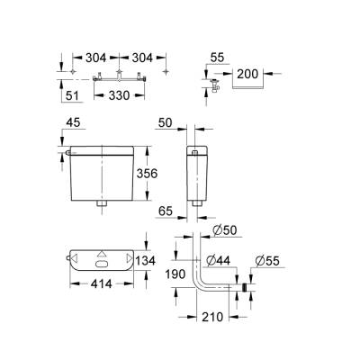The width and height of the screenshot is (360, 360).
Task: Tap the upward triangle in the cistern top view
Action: pos(102,254)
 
